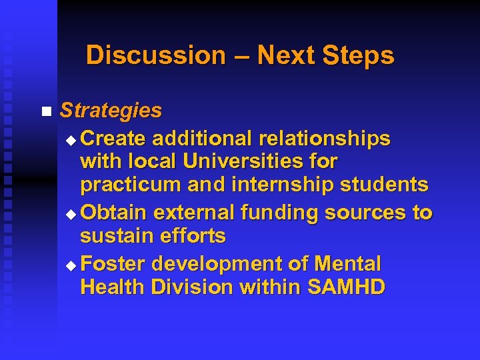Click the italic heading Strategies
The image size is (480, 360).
pos(111,110)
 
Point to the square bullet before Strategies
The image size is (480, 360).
pos(45,111)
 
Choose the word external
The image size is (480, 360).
pos(193,213)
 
